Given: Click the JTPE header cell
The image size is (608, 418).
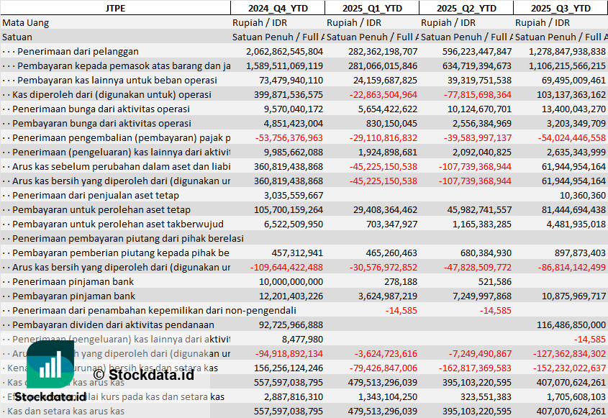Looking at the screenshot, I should (x=114, y=8).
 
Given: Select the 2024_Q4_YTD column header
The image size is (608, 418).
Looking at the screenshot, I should (x=277, y=8).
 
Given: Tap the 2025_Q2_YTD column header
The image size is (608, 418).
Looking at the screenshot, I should (x=466, y=8).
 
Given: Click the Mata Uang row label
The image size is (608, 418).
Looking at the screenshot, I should (x=26, y=22).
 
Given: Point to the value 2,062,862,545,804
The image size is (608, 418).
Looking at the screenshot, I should (x=284, y=51).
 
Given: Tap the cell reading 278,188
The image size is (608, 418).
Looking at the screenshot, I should (x=401, y=281).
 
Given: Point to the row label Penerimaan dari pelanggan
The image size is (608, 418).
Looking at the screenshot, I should (x=78, y=51).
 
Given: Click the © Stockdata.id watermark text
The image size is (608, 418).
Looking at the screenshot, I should (x=143, y=374).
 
